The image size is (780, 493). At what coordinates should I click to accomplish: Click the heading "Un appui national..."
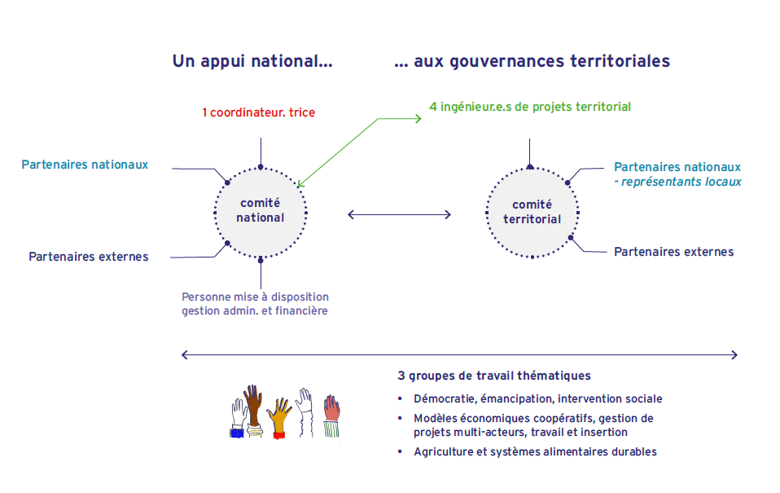[252, 61]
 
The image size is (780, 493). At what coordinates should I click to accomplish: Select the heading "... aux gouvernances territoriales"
[532, 61]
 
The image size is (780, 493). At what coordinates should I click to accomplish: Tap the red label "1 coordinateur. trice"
[258, 112]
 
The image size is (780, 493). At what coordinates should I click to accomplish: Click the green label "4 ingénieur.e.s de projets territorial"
[530, 107]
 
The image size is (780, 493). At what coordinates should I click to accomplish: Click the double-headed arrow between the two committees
[400, 214]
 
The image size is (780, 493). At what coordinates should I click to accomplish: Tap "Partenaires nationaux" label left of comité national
[85, 165]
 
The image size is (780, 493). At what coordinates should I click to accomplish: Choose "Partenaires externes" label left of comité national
[89, 257]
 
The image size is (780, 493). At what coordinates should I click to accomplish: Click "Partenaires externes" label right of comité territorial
[673, 252]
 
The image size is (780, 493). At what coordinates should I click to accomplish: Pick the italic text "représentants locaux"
[681, 182]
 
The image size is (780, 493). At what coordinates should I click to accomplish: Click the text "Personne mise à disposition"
[255, 297]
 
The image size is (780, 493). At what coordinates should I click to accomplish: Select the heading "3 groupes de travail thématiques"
[494, 376]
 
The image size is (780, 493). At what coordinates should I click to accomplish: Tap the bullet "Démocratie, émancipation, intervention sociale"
[537, 399]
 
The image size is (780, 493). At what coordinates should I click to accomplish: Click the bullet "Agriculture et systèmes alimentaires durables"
[535, 451]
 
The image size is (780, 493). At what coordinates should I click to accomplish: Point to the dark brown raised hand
[253, 406]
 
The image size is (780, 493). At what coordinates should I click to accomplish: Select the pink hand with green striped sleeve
[331, 416]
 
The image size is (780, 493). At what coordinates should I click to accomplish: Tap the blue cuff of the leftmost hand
[237, 433]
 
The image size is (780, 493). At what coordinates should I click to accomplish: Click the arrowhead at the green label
[418, 118]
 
